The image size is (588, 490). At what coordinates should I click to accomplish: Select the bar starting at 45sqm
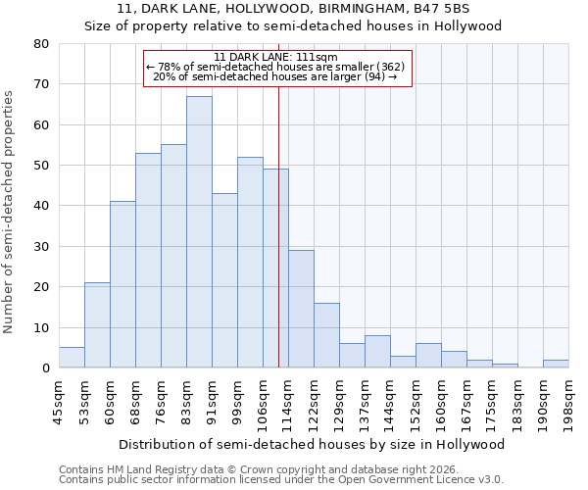(x=72, y=358)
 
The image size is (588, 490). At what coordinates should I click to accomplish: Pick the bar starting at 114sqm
(x=301, y=309)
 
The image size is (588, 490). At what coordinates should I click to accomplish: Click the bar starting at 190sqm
(x=556, y=364)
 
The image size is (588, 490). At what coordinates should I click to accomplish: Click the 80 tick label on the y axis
(x=41, y=44)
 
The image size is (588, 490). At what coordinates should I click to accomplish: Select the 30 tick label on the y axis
(x=41, y=247)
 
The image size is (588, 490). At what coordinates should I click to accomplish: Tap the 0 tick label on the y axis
(x=45, y=368)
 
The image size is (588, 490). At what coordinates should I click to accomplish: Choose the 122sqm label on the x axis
(x=314, y=401)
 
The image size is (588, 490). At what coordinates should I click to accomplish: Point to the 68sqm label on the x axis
(x=135, y=401)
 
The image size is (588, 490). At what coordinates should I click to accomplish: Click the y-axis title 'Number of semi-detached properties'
(x=9, y=212)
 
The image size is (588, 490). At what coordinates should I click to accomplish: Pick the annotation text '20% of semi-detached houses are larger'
(x=275, y=76)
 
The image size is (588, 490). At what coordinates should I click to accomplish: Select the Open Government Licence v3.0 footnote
(x=281, y=479)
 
